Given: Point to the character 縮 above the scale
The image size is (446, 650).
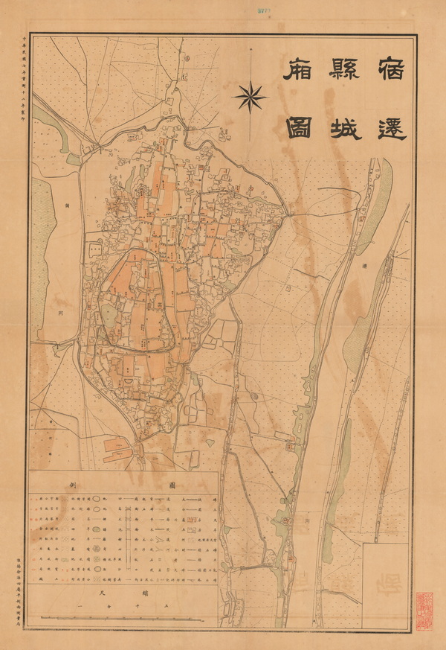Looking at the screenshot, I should coord(155,594).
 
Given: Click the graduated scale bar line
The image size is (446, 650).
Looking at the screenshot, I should coord(123,617).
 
